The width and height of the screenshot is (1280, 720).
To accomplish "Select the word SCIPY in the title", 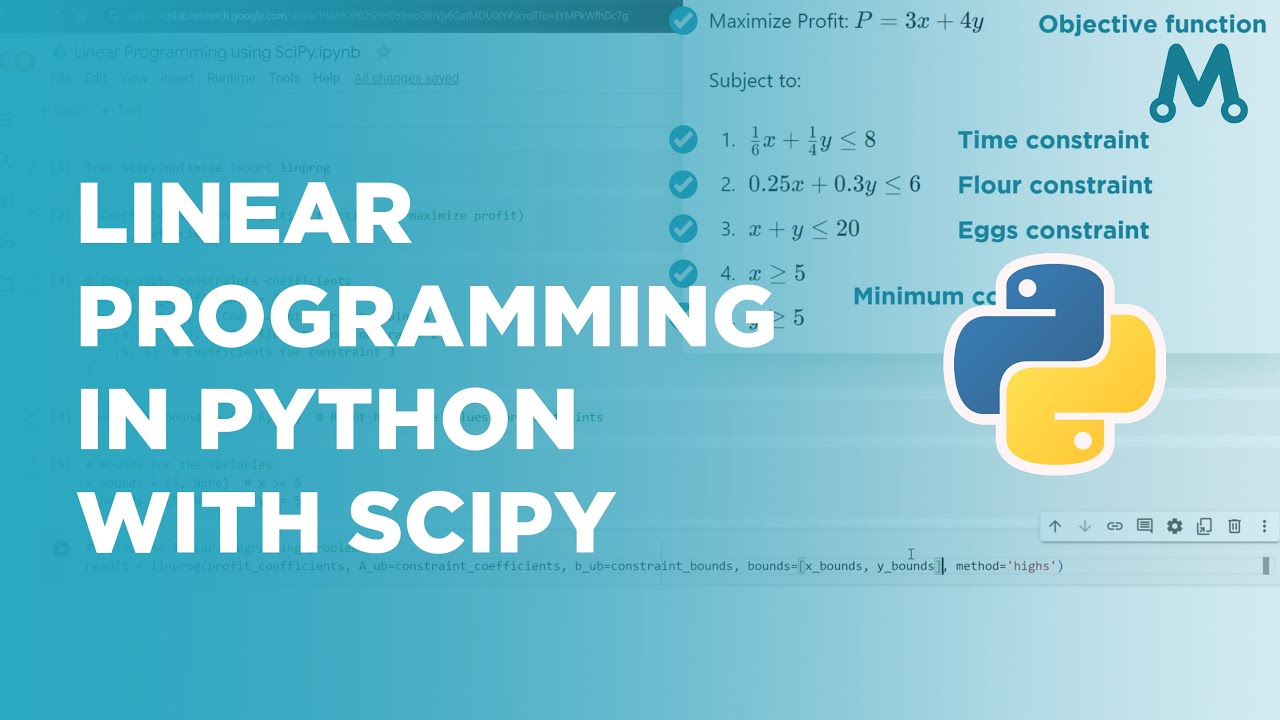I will [481, 521].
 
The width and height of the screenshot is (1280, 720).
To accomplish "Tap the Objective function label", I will [1152, 25].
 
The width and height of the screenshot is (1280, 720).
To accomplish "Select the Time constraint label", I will [1053, 140].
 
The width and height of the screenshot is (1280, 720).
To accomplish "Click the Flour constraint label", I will [1055, 185].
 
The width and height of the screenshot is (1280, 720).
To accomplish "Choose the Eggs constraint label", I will [1053, 230].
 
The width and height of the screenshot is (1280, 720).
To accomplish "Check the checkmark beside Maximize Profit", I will [683, 21].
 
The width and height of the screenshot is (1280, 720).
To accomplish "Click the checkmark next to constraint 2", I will [683, 184].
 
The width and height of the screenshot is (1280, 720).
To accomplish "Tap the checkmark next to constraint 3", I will [683, 229].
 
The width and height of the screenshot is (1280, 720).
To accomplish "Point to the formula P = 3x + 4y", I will [920, 21].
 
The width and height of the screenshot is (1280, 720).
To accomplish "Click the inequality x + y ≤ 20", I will [804, 229].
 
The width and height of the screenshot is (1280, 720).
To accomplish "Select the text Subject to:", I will [755, 81].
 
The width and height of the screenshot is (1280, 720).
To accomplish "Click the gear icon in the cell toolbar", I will [1175, 526].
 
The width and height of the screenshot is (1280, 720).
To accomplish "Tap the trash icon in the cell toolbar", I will [1235, 526].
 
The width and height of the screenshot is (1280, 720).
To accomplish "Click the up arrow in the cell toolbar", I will [1055, 526].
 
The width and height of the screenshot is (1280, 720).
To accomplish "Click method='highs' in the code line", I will [1009, 567].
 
